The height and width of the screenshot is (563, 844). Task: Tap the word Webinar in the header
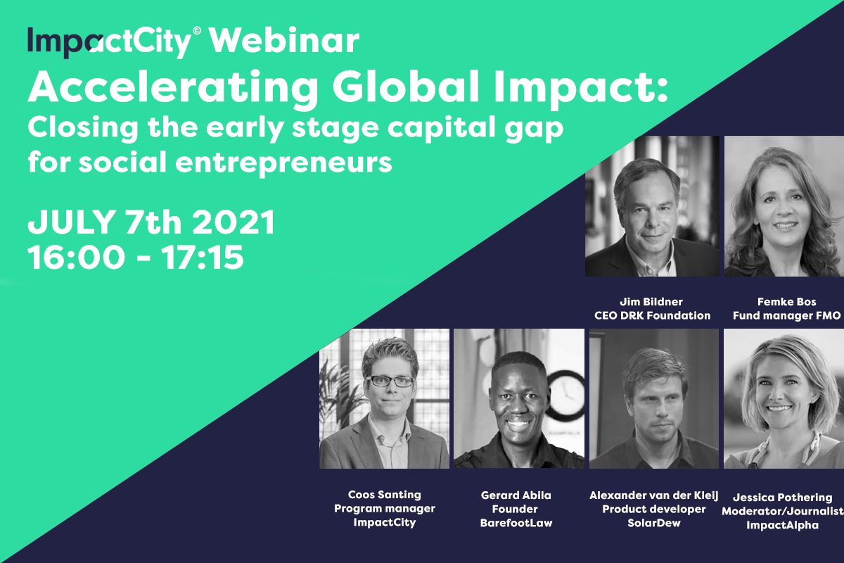click(284, 41)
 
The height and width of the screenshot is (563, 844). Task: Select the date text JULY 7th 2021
click(151, 222)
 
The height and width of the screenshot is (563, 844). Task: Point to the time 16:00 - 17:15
click(136, 258)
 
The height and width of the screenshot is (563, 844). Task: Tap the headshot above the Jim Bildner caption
click(652, 206)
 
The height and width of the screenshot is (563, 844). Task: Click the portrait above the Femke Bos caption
click(784, 206)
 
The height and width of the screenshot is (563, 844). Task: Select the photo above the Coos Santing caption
click(384, 398)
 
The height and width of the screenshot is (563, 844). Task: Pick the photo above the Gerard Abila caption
click(519, 398)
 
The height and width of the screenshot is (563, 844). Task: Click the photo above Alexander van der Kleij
click(653, 398)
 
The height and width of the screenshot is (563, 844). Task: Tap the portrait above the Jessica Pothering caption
click(784, 398)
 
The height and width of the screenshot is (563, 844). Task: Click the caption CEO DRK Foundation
click(652, 315)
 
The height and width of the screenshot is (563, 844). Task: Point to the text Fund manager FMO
click(787, 315)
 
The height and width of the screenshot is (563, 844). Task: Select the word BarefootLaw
click(516, 523)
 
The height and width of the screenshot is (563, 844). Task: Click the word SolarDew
click(654, 523)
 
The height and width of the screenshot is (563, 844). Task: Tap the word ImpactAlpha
click(783, 525)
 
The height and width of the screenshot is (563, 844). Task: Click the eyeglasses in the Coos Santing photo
click(390, 381)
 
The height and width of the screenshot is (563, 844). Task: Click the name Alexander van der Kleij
click(654, 495)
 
